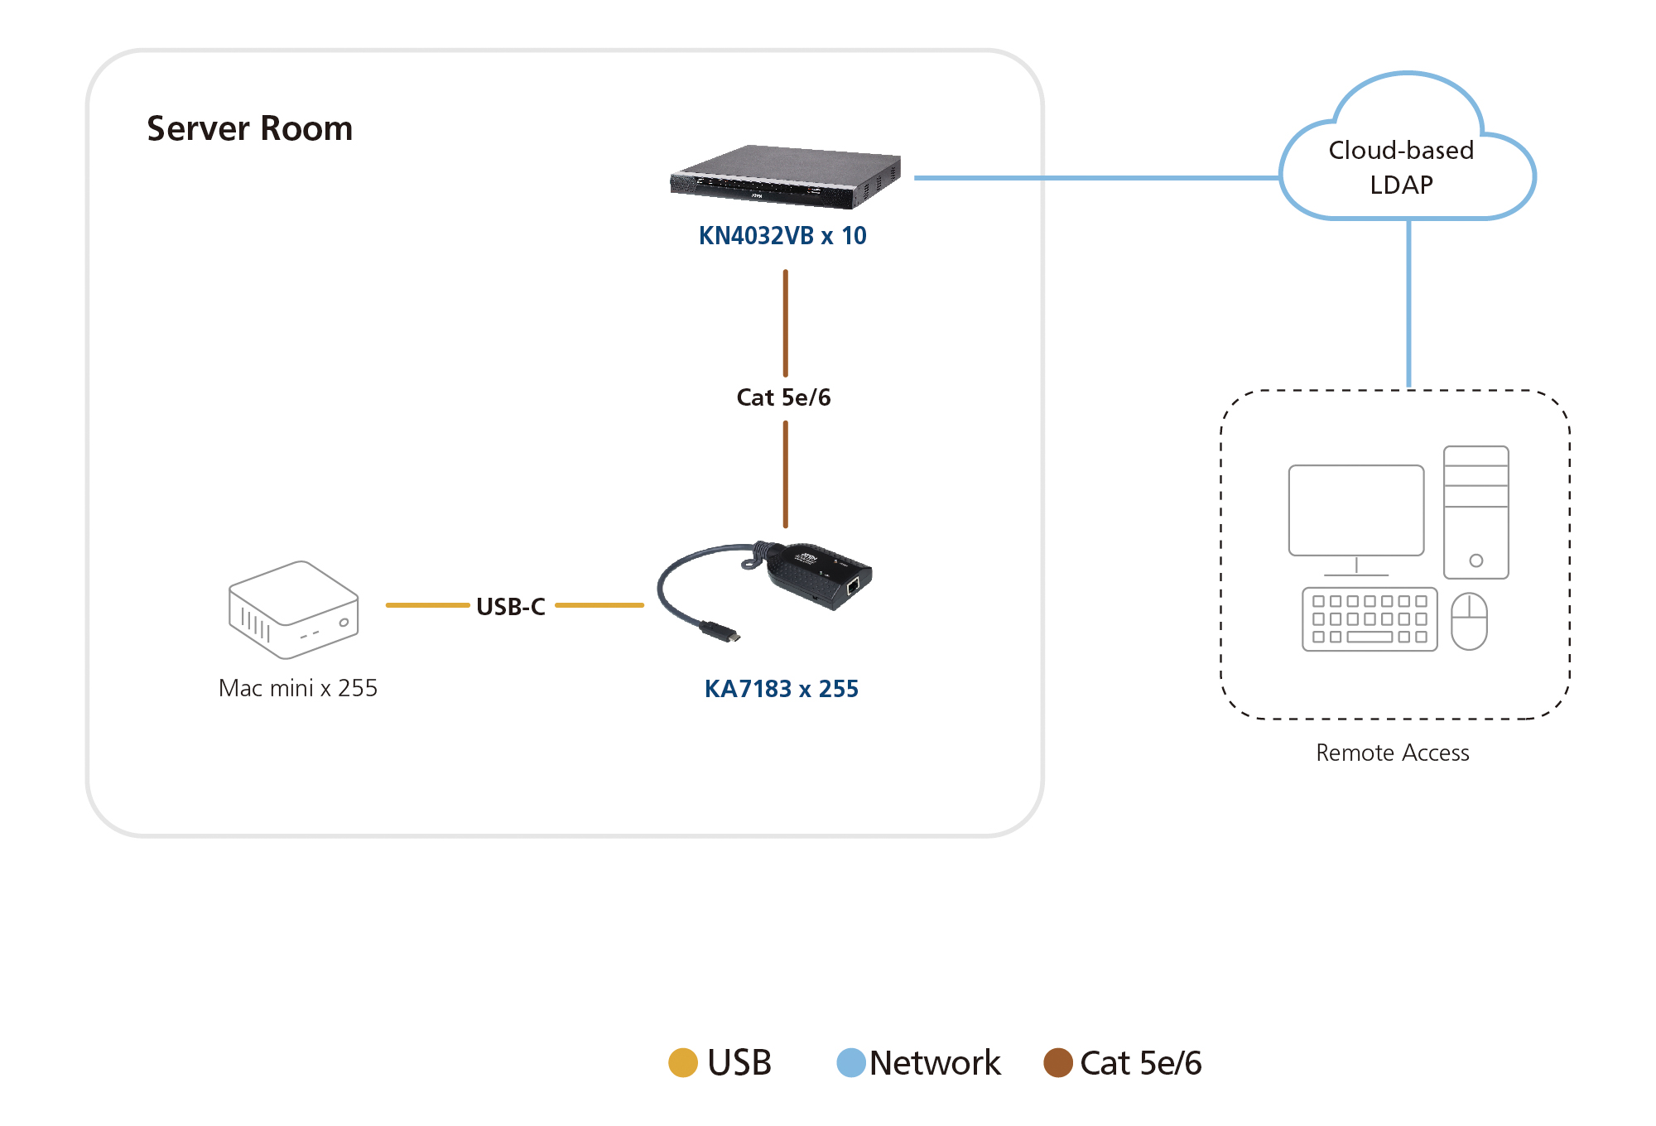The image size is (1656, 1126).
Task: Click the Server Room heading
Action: (x=249, y=129)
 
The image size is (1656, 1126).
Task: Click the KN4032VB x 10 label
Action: (x=782, y=236)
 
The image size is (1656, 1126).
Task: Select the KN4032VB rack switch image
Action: (x=784, y=176)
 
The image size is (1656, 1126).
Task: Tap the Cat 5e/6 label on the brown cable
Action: (x=783, y=397)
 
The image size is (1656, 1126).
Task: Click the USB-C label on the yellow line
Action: (x=511, y=607)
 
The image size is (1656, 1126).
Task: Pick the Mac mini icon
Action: (x=293, y=610)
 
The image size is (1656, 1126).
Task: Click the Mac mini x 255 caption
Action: (x=298, y=688)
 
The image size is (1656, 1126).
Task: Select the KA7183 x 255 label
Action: (x=781, y=689)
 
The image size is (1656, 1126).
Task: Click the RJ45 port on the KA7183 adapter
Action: (x=853, y=586)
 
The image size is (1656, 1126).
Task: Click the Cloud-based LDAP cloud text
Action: (x=1401, y=167)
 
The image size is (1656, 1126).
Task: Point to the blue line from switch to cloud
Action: (x=1093, y=177)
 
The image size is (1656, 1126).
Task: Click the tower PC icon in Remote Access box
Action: (x=1475, y=512)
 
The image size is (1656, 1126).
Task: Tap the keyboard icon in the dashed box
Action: (x=1369, y=619)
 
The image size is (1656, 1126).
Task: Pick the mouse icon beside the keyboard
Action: (x=1469, y=621)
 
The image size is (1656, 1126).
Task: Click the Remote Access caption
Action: (x=1392, y=753)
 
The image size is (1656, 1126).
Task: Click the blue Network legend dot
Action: (x=851, y=1062)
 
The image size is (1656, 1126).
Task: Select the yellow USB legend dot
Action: (x=683, y=1062)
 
